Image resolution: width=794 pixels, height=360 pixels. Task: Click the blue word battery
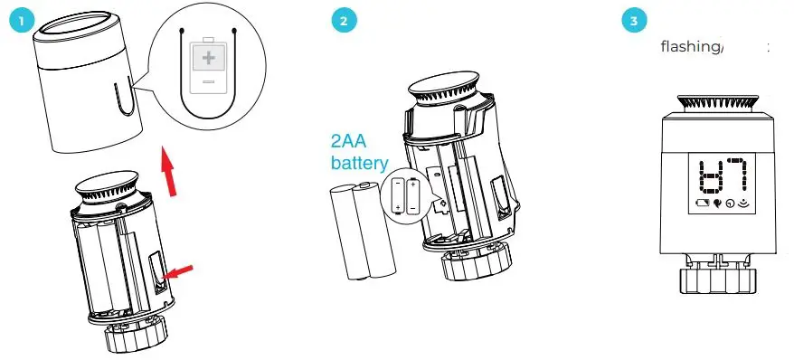coord(357,164)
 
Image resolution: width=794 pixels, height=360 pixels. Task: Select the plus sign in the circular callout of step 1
coord(209,58)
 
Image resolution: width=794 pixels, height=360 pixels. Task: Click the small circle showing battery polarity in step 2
coord(405,194)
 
